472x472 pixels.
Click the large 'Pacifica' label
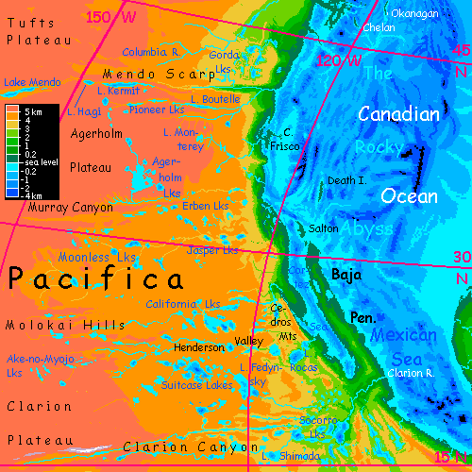(95, 280)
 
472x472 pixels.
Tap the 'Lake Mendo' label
(32, 83)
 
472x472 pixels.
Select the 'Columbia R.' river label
(150, 52)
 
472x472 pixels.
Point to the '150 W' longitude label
(110, 16)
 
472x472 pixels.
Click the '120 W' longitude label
(339, 60)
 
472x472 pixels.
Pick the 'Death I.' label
(346, 180)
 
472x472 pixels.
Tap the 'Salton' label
(325, 229)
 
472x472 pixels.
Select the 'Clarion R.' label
(410, 373)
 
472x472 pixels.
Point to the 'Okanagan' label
(416, 13)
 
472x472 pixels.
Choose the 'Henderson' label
(200, 347)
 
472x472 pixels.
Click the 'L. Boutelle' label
(215, 99)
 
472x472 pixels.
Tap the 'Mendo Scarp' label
(143, 74)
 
